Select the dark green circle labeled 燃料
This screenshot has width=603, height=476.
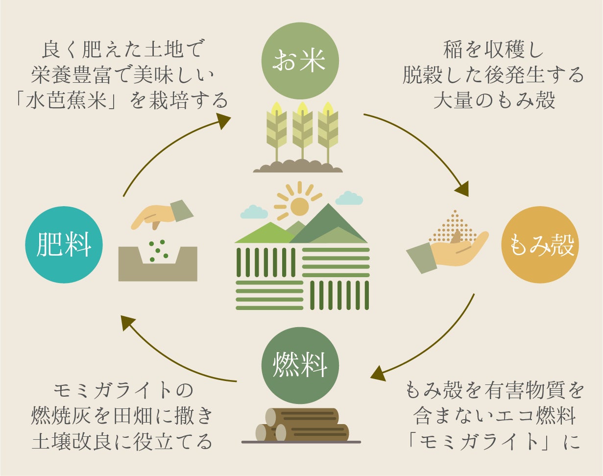[x=300, y=365]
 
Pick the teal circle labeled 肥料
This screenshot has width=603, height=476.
[x=64, y=245]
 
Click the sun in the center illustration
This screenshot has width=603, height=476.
[x=299, y=206]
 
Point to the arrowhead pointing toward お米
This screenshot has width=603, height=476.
[x=223, y=120]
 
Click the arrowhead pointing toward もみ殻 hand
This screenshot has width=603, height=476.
[x=461, y=189]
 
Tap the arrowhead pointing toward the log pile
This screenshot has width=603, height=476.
[x=378, y=373]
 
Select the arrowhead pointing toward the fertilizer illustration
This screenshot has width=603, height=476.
[x=128, y=322]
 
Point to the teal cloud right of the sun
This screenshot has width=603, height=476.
[x=349, y=198]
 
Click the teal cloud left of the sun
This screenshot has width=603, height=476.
[x=254, y=212]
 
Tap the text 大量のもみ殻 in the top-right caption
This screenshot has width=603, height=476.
[x=494, y=100]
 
